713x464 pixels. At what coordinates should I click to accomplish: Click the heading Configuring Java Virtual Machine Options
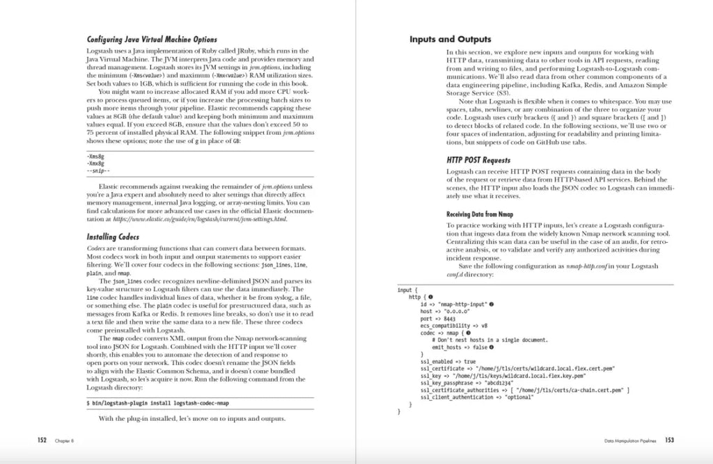tap(151, 40)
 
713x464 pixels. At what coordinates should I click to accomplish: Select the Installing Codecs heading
tap(112, 237)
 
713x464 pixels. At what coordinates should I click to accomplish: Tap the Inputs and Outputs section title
tap(450, 40)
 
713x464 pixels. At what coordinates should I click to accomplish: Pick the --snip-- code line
tap(98, 170)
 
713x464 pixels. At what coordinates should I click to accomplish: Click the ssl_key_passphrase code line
tap(467, 383)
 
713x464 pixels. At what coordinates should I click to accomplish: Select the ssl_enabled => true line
tap(448, 362)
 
